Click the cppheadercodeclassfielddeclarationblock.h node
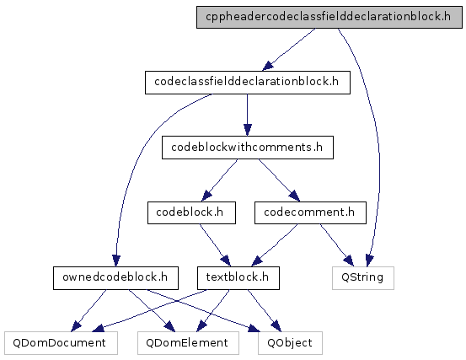point(329,17)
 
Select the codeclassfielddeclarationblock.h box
point(248,83)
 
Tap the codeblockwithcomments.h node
point(248,148)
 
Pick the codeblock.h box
point(191,212)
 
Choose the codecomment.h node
point(310,212)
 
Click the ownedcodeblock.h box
point(115,278)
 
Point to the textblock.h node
point(238,278)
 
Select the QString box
point(363,278)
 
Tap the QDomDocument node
point(61,343)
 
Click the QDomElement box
point(188,343)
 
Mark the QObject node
point(290,343)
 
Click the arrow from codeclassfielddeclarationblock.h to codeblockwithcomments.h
point(247,115)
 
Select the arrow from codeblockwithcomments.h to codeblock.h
point(220,180)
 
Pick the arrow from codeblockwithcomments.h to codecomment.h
point(279,180)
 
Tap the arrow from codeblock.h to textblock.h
point(215,245)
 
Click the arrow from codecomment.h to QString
point(337,245)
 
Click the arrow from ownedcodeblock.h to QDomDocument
point(88,310)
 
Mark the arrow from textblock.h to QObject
point(265,310)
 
